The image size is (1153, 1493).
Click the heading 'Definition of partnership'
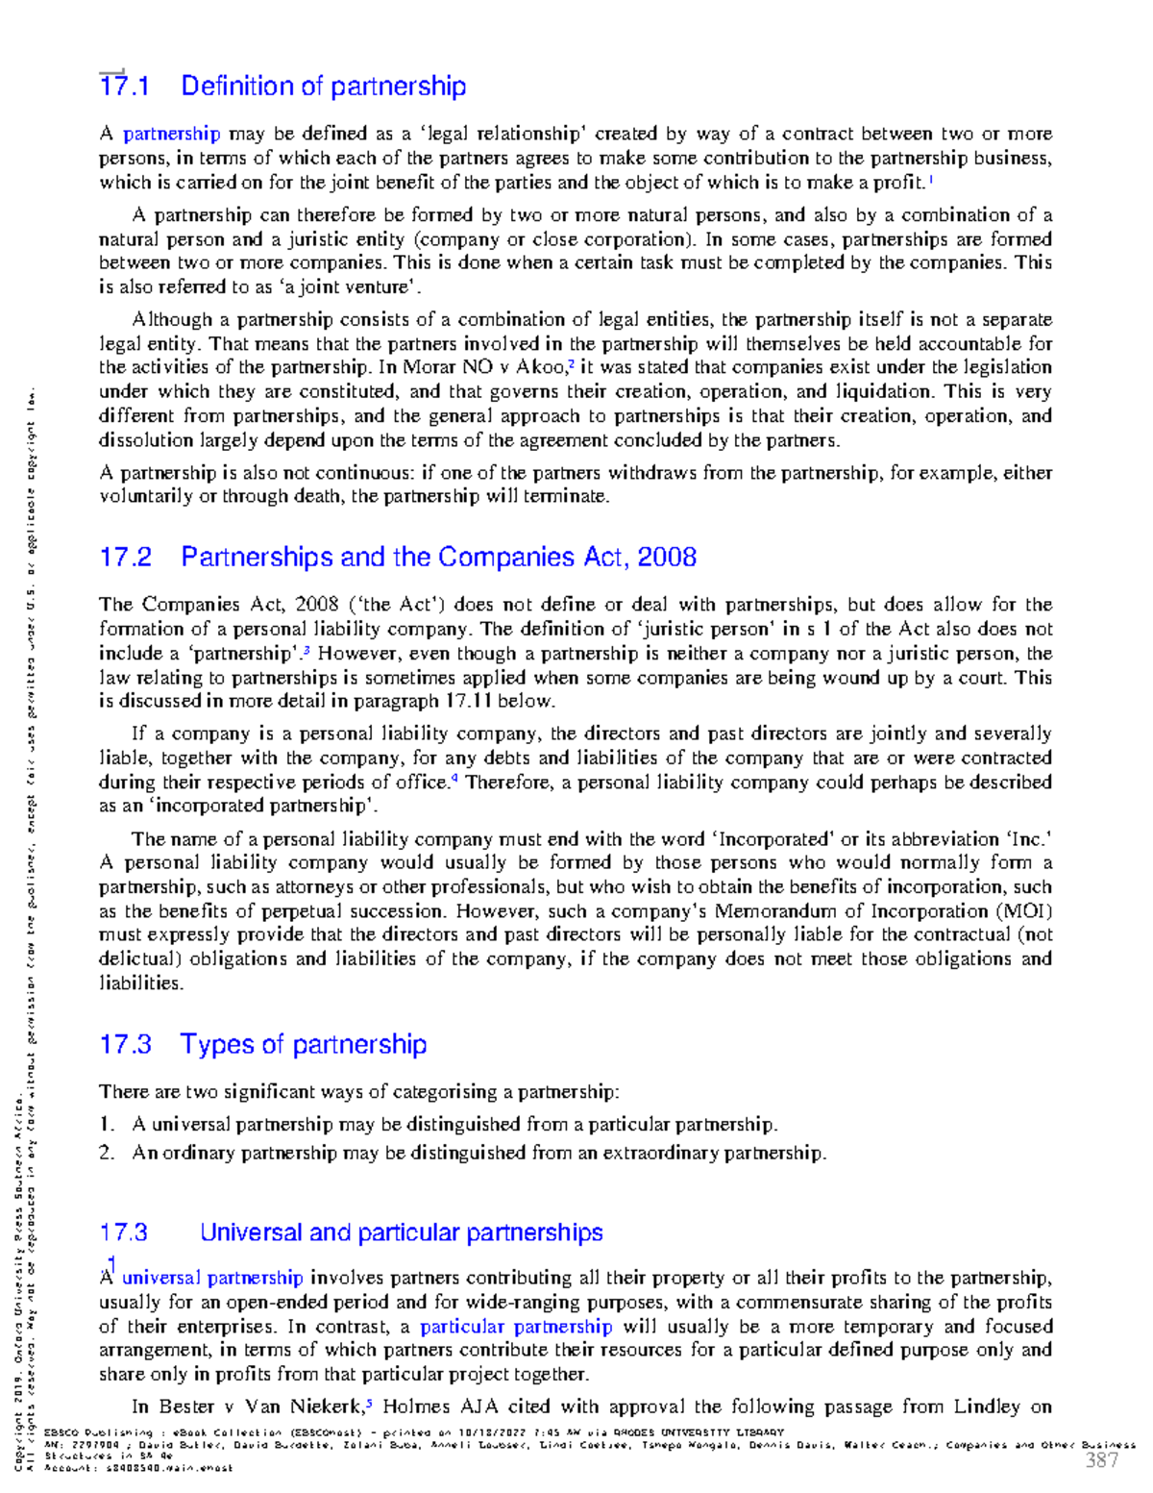point(323,87)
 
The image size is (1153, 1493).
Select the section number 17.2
point(125,558)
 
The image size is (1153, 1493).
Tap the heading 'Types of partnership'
point(304,1045)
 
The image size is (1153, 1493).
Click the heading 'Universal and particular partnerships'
point(401,1232)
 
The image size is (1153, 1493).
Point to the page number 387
point(1101,1461)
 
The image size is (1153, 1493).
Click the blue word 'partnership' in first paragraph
point(171,134)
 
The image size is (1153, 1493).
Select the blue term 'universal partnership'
point(212,1279)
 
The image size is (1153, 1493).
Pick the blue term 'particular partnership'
point(516,1327)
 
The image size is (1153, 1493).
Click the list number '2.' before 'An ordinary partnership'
point(107,1153)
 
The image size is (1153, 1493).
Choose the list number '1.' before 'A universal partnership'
point(107,1125)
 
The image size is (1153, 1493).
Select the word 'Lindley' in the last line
point(987,1406)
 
